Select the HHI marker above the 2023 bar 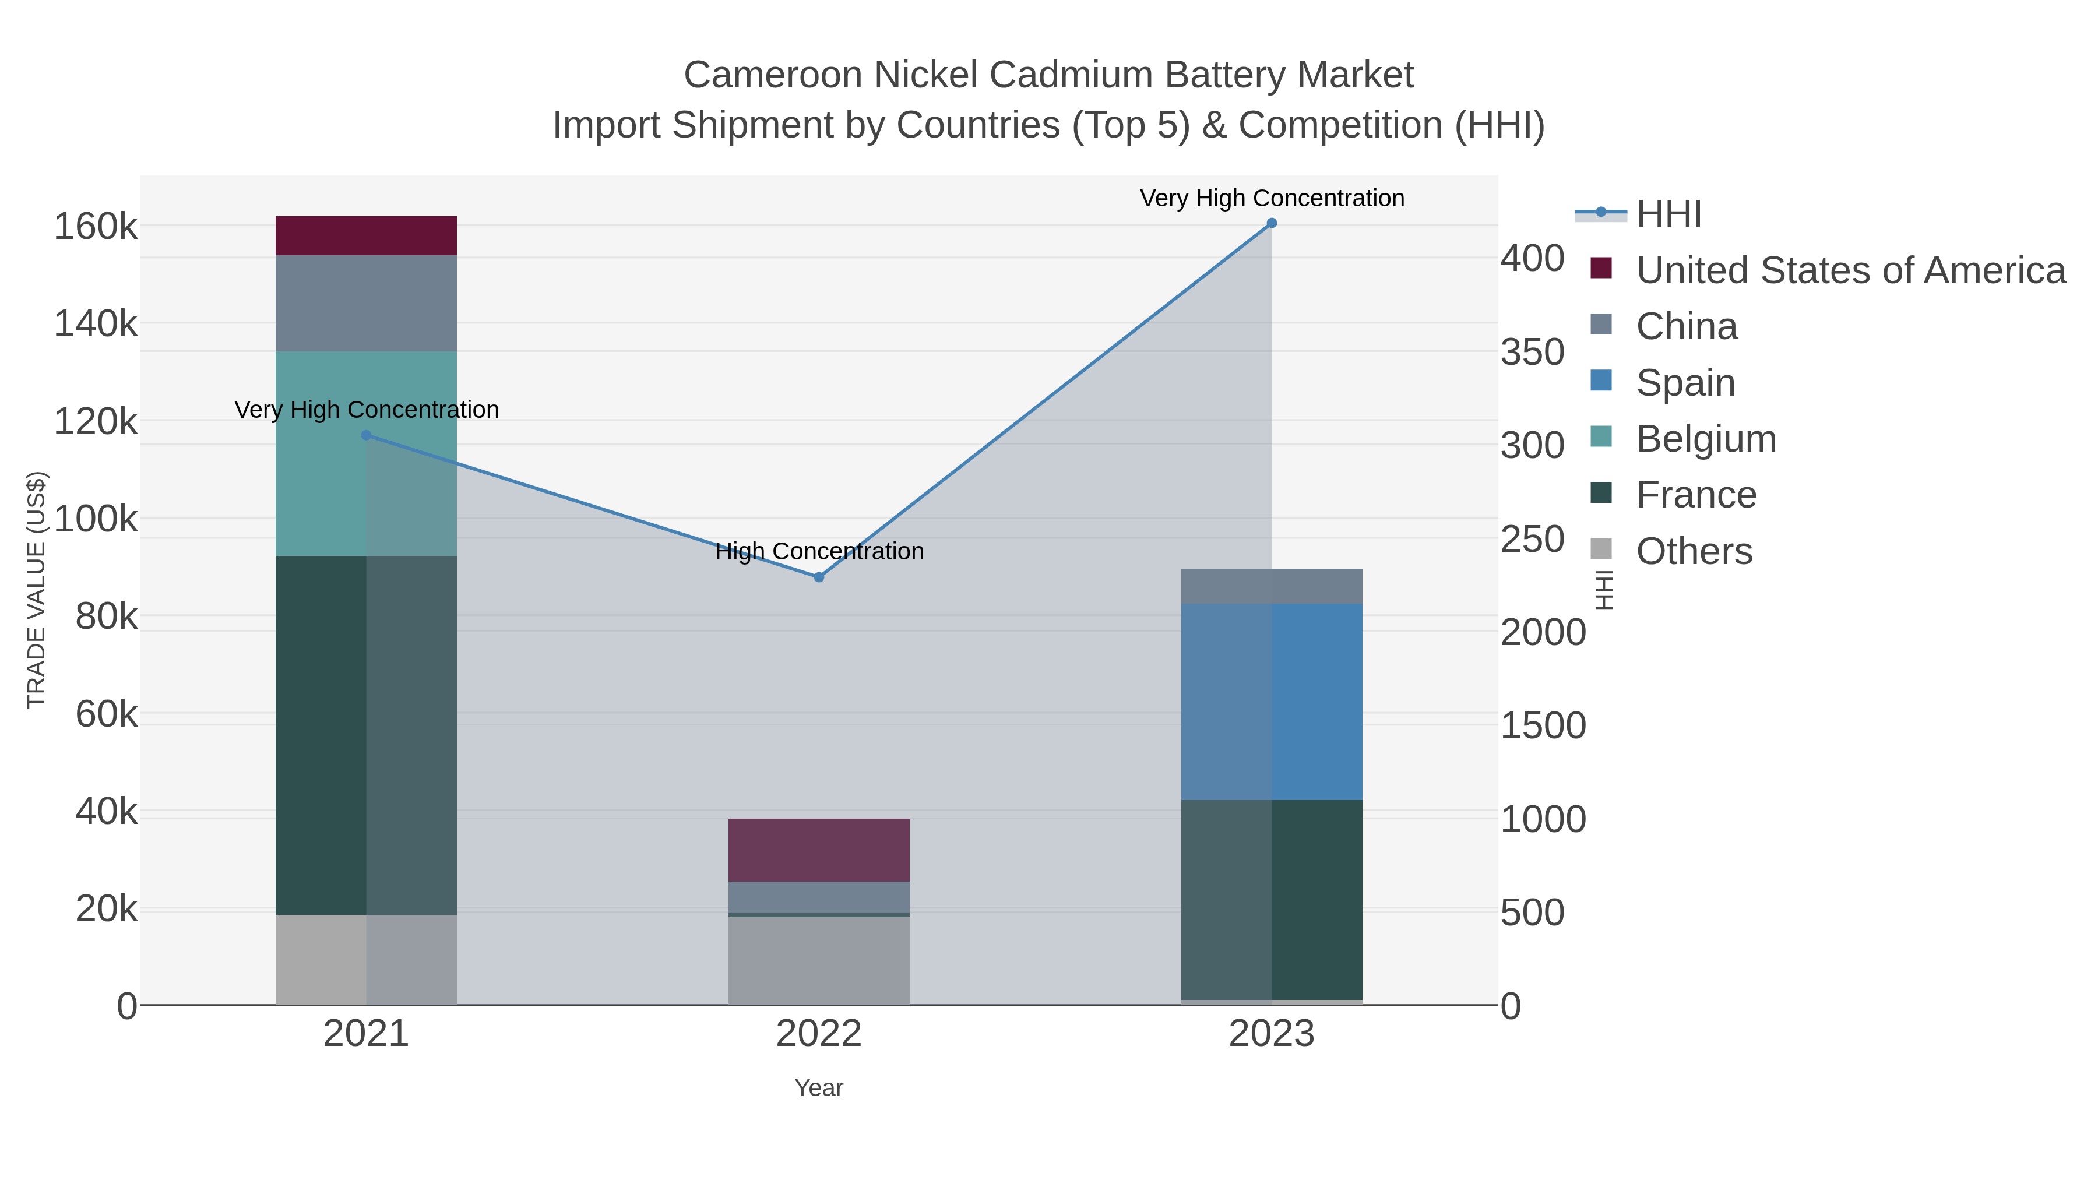point(1272,223)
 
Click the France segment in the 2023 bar point(1272,899)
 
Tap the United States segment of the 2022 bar point(819,850)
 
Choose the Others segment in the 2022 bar point(819,960)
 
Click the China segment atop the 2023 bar point(1272,586)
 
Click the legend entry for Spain point(1684,383)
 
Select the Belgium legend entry point(1705,439)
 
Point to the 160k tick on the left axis point(96,227)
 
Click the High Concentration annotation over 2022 point(819,551)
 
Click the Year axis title point(819,1087)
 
